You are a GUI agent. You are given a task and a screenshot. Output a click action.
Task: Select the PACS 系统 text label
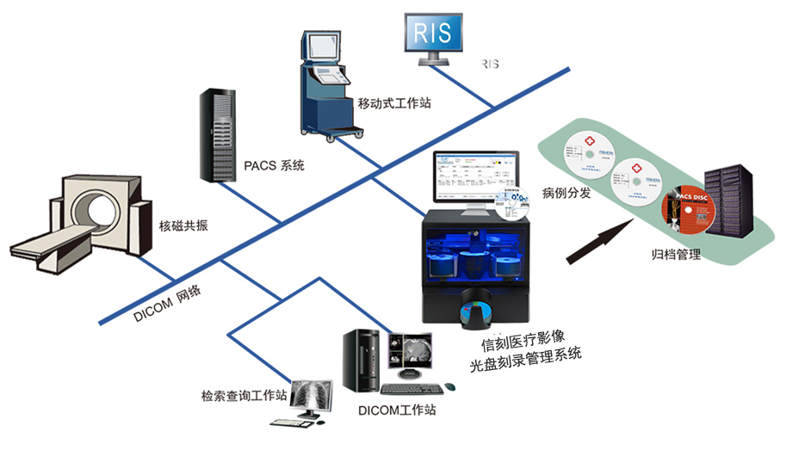(275, 164)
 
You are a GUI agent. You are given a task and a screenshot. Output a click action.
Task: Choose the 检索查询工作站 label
(244, 396)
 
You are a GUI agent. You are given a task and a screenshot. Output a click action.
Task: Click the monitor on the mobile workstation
(322, 52)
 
